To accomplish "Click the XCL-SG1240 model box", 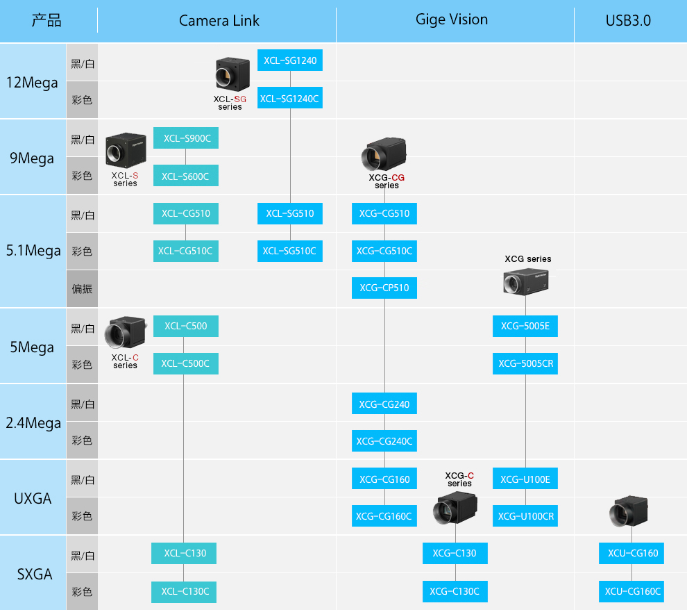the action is click(x=290, y=60).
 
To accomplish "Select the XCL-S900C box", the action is click(x=186, y=138).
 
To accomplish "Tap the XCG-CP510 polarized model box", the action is click(x=384, y=288).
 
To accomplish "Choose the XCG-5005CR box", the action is click(x=525, y=363).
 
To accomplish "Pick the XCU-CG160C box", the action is click(x=631, y=591).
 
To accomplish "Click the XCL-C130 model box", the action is click(x=184, y=554).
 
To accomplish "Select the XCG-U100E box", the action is click(x=525, y=479).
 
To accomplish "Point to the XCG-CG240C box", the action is click(x=384, y=440).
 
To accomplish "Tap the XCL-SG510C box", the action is click(x=290, y=251).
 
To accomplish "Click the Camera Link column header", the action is click(x=219, y=21).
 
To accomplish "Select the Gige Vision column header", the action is click(x=452, y=19).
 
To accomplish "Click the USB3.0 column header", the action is click(x=628, y=21).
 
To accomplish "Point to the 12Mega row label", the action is click(x=32, y=83).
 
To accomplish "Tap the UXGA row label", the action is click(x=33, y=499).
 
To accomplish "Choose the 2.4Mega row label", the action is click(x=33, y=423).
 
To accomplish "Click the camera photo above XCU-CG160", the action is click(x=628, y=511).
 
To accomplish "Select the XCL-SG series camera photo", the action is click(x=232, y=74).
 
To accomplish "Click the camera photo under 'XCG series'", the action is click(x=526, y=281).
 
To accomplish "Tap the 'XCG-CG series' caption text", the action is click(x=387, y=181).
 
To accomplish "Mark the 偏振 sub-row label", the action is click(x=82, y=288).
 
